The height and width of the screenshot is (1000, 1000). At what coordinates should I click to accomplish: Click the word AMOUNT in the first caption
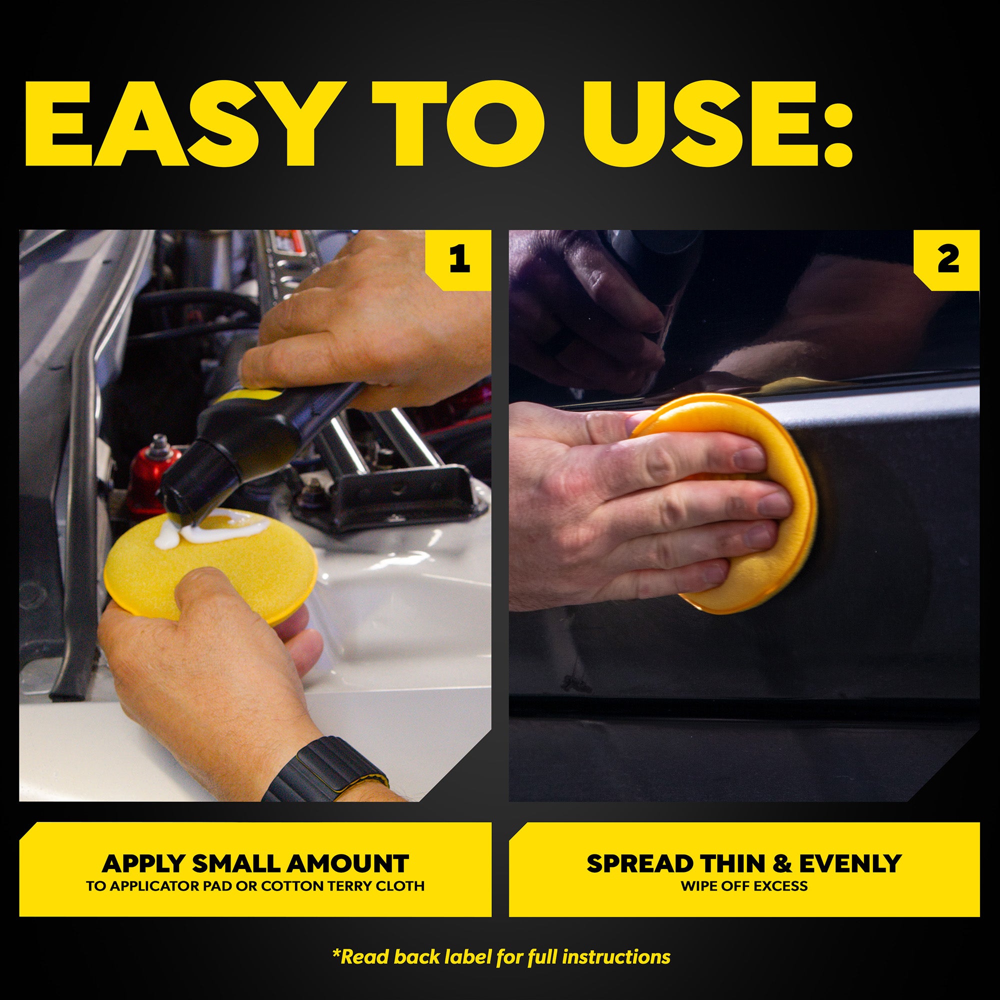347,864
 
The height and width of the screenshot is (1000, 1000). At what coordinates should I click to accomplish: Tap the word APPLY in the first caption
143,864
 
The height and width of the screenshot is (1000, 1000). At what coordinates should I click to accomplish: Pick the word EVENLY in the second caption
850,863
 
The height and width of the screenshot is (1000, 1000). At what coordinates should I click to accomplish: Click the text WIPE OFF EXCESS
744,886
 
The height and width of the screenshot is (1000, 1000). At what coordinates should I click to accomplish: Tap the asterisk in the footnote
336,953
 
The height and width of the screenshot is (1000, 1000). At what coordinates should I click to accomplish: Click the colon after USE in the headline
837,131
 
